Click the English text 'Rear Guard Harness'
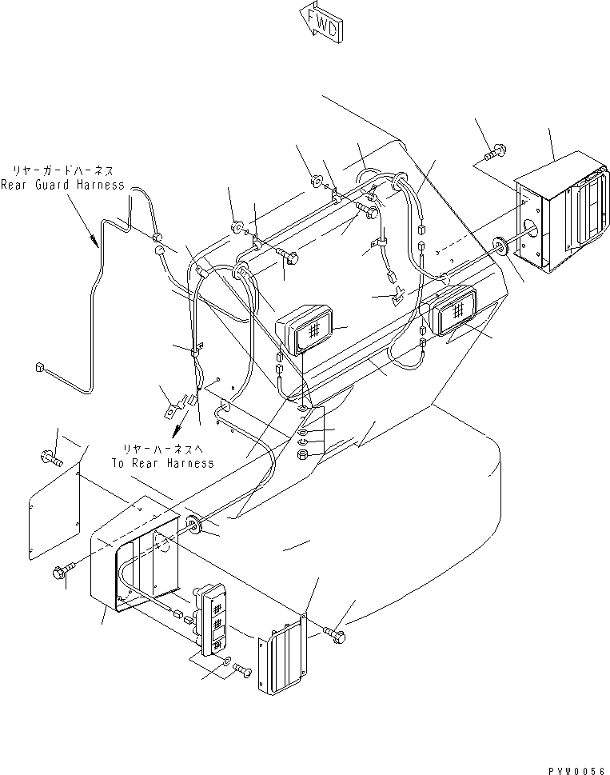62,185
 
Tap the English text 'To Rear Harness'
162,462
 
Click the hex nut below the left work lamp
304,456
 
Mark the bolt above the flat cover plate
47,459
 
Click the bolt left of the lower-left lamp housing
62,571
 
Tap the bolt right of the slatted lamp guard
335,632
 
